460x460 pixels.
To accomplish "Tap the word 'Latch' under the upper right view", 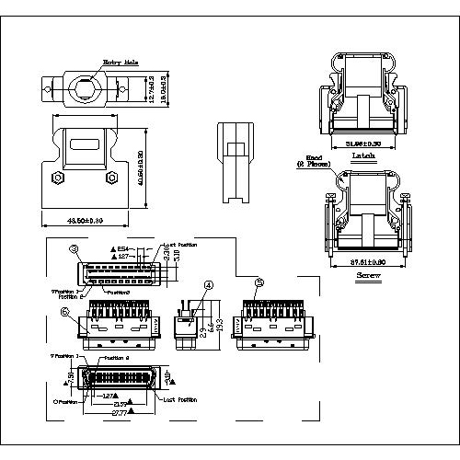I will pos(362,156).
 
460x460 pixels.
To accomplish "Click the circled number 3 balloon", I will pos(74,249).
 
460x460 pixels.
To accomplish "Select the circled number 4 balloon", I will pos(209,286).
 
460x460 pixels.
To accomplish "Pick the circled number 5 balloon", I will pos(260,282).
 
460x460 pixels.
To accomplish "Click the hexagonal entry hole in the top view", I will pos(82,91).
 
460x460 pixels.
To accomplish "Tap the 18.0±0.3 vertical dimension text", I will pos(165,92).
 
